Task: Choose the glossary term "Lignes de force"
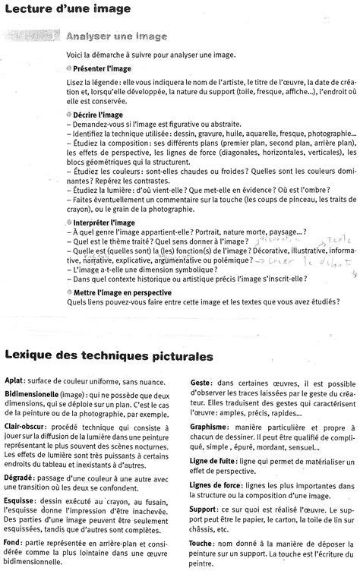click(x=216, y=493)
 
